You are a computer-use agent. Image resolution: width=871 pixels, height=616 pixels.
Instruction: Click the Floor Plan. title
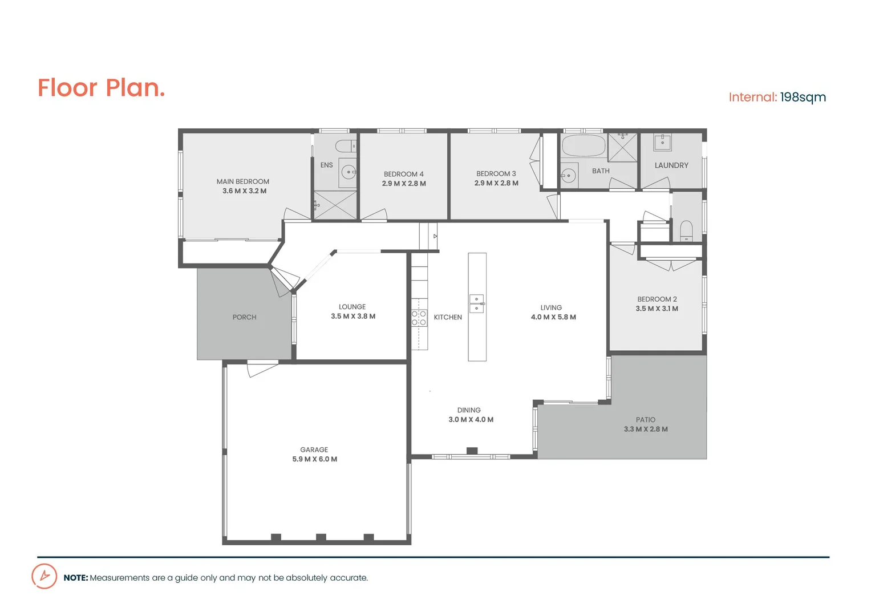coord(101,88)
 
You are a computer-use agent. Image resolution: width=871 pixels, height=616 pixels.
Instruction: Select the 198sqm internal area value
coord(803,98)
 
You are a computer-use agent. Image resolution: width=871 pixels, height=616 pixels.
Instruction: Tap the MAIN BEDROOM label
coord(242,181)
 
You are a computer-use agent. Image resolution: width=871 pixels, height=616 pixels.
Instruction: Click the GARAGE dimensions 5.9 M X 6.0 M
coord(314,459)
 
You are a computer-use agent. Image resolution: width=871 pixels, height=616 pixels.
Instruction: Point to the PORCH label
coord(244,317)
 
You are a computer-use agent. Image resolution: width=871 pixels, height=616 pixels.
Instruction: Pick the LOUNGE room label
coord(352,307)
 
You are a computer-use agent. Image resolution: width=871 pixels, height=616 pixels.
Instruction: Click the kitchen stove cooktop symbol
coord(419,318)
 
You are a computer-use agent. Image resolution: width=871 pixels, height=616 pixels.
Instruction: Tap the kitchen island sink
coord(477,303)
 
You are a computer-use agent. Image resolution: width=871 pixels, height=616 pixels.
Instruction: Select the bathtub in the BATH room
coord(583,146)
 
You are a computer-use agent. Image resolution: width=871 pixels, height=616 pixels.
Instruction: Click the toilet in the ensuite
coord(345,146)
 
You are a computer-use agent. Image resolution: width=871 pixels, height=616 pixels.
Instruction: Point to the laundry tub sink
coord(662,142)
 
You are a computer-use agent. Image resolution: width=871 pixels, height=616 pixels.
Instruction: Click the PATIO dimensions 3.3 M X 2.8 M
coord(646,429)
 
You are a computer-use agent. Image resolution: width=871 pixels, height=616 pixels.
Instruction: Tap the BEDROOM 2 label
coord(657,299)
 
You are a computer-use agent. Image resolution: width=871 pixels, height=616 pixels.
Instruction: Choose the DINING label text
coord(469,410)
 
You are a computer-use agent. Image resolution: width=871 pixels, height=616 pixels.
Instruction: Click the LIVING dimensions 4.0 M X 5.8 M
coord(553,317)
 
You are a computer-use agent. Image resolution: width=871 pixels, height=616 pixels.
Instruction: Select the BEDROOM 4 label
coord(403,174)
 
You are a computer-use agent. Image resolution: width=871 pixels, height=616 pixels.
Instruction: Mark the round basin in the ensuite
coord(349,172)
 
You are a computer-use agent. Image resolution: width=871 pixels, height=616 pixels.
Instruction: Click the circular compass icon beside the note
coord(44,576)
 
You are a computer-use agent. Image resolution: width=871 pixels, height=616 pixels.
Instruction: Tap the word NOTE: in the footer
coord(75,578)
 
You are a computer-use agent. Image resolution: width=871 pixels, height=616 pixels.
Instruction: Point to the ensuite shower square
coord(335,205)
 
